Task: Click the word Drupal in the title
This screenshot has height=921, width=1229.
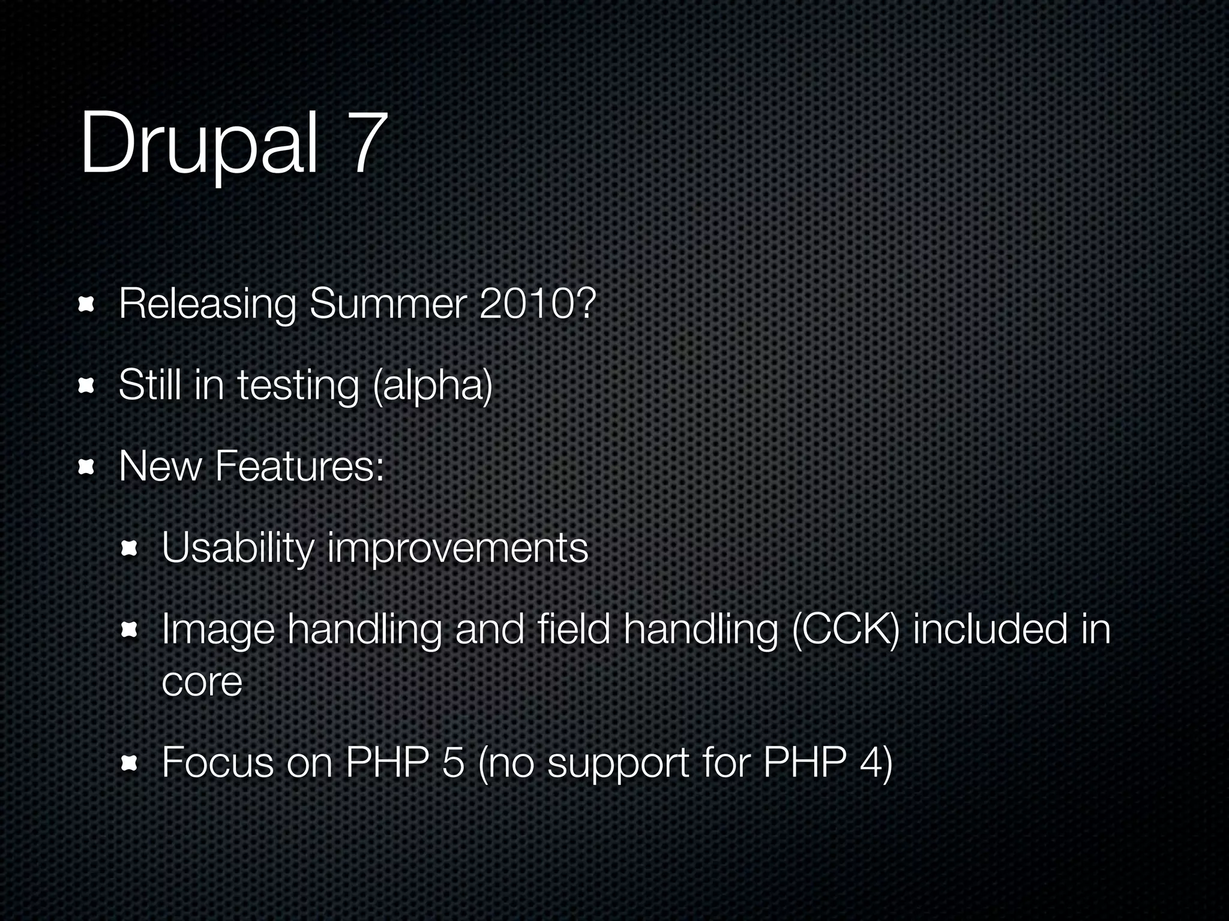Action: [x=198, y=144]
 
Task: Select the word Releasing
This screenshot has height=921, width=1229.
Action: [x=207, y=305]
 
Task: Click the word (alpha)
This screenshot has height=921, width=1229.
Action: [x=432, y=386]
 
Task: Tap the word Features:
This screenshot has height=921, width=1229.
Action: [x=299, y=466]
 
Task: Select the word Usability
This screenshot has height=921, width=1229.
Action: [x=238, y=548]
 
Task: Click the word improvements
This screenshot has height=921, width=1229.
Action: [x=458, y=548]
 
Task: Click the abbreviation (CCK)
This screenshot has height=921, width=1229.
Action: [x=845, y=631]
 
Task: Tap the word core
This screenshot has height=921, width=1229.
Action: [x=202, y=682]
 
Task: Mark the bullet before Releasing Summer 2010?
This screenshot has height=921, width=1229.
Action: [x=86, y=305]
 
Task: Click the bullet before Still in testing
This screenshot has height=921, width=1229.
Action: [x=86, y=387]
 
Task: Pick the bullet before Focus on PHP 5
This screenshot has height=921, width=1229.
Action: [x=129, y=763]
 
